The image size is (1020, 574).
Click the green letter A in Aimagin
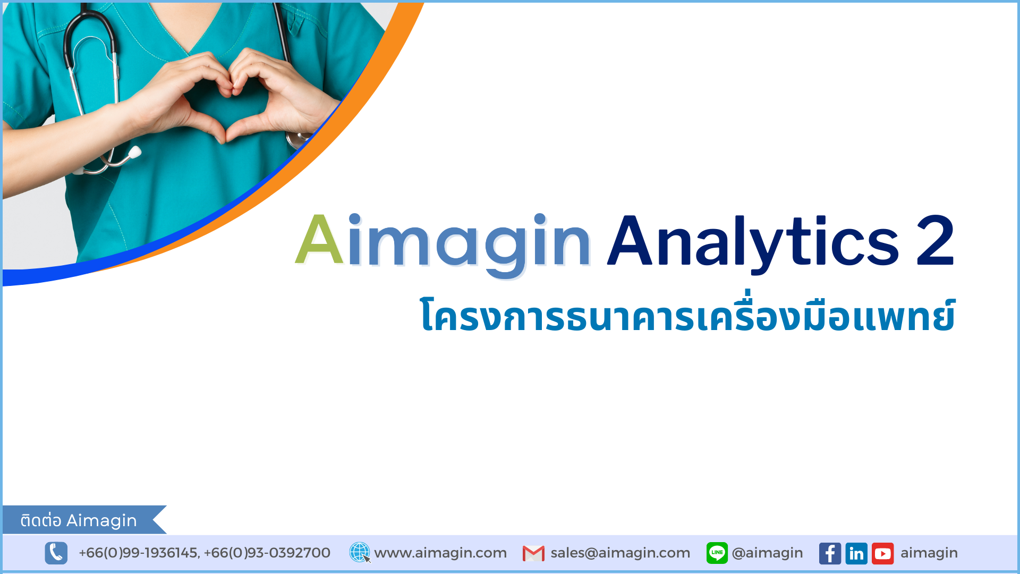point(319,240)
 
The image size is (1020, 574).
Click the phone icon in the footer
point(56,553)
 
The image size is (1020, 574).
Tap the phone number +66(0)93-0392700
point(267,553)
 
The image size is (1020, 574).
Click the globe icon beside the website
point(360,553)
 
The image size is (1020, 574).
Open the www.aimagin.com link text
point(440,553)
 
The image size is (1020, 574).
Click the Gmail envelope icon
point(533,553)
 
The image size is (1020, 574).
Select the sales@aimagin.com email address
point(620,553)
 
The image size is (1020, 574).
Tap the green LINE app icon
point(717,553)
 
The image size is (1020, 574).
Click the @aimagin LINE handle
point(767,553)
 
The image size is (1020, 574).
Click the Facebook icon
point(830,553)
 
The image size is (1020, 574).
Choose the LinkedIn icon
point(856,553)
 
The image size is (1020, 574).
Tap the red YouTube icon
point(883,553)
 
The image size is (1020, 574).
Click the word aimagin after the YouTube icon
point(929,553)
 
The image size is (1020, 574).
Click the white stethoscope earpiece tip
point(134,153)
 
